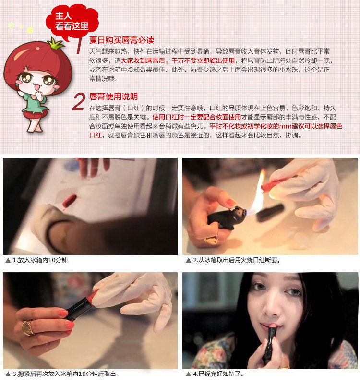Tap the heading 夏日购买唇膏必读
[x=121, y=40]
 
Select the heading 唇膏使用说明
[x=113, y=97]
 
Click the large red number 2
[x=79, y=102]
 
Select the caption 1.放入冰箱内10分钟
[x=40, y=260]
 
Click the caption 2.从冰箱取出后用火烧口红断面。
[x=237, y=260]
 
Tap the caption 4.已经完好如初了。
[x=218, y=374]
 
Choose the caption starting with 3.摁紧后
[x=66, y=374]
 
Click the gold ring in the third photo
[x=27, y=328]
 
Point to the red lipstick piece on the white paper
[x=70, y=201]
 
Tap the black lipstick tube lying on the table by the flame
[x=271, y=212]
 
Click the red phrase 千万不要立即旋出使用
[x=203, y=60]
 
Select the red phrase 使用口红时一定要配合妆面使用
[x=197, y=117]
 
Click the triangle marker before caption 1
[x=8, y=260]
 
